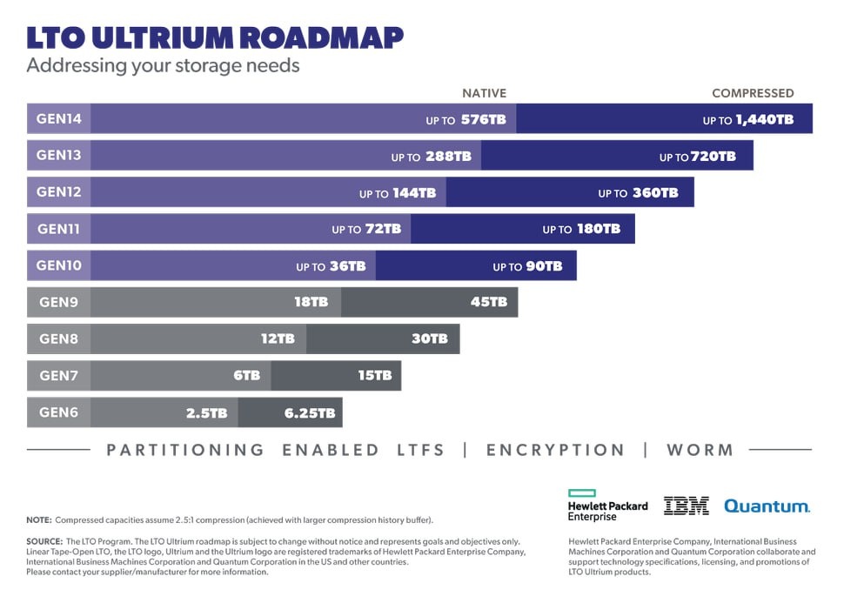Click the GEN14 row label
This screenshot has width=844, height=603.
coord(59,118)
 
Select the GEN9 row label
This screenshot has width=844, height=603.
coord(59,302)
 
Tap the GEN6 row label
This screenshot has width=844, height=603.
coord(59,412)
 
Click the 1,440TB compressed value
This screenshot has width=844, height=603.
coord(764,120)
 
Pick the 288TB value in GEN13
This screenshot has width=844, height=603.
coord(448,157)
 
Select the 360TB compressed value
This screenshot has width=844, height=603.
coord(654,193)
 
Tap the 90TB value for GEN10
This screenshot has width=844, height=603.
coord(544,266)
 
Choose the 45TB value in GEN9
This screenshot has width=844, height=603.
coord(488,302)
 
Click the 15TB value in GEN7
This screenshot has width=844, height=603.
coord(374,376)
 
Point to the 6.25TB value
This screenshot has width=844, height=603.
coord(310,413)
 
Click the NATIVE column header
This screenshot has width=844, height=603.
coord(484,93)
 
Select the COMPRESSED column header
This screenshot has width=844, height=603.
coord(753,93)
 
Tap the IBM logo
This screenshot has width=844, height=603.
coord(687,506)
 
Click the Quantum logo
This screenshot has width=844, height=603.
coord(767,506)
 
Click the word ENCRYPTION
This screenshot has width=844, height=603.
coord(555,450)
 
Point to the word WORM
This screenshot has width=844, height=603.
coord(700,450)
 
